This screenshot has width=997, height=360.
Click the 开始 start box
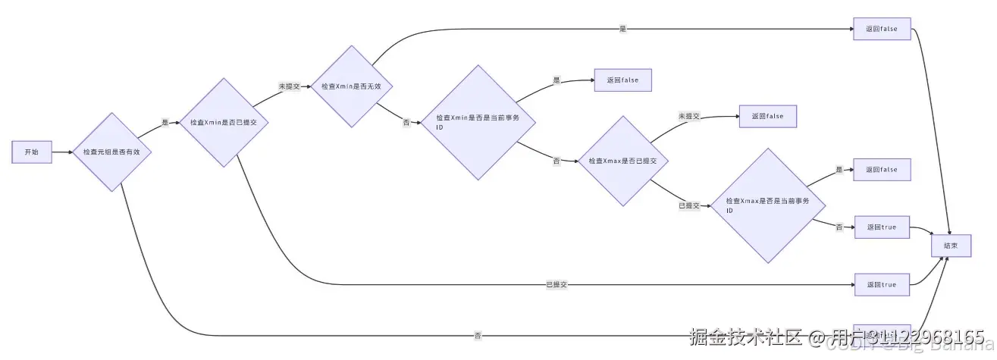pos(31,152)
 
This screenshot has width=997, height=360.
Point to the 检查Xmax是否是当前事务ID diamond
pos(767,205)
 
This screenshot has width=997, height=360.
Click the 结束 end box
pos(951,246)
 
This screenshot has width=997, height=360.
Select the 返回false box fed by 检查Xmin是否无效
pos(881,29)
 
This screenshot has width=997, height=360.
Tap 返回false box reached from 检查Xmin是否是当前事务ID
pos(623,80)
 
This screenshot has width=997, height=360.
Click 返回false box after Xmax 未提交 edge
pos(767,116)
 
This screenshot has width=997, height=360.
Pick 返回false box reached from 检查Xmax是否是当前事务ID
pos(881,170)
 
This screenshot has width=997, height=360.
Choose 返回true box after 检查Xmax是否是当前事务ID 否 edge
pos(881,227)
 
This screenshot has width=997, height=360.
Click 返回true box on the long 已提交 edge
pos(881,284)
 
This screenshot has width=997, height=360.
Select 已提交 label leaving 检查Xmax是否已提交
pos(689,205)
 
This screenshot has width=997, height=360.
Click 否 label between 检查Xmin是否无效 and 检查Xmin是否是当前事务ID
pos(406,122)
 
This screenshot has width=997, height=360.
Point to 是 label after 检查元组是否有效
pos(165,122)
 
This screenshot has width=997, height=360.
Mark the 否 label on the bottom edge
pos(478,335)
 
